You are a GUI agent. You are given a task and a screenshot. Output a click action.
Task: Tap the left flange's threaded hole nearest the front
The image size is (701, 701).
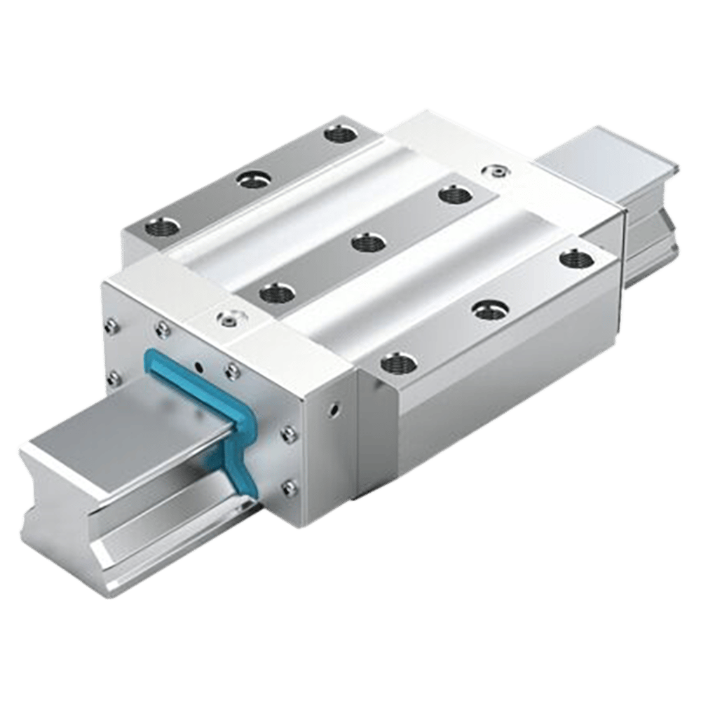point(156,227)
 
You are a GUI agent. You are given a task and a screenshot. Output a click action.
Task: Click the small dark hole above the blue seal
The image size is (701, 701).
point(200,366)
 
